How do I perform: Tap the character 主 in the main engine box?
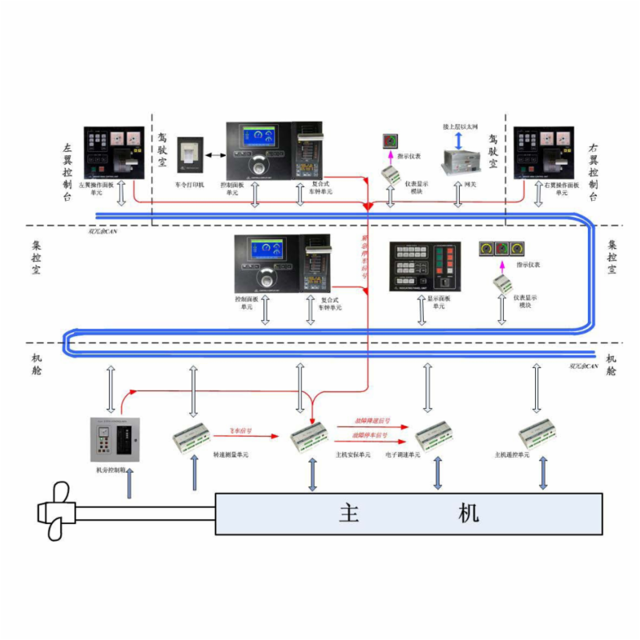click(349, 513)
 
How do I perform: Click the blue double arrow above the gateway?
click(458, 141)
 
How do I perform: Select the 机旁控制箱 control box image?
click(115, 440)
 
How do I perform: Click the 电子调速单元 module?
click(437, 437)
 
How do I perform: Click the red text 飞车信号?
click(241, 430)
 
